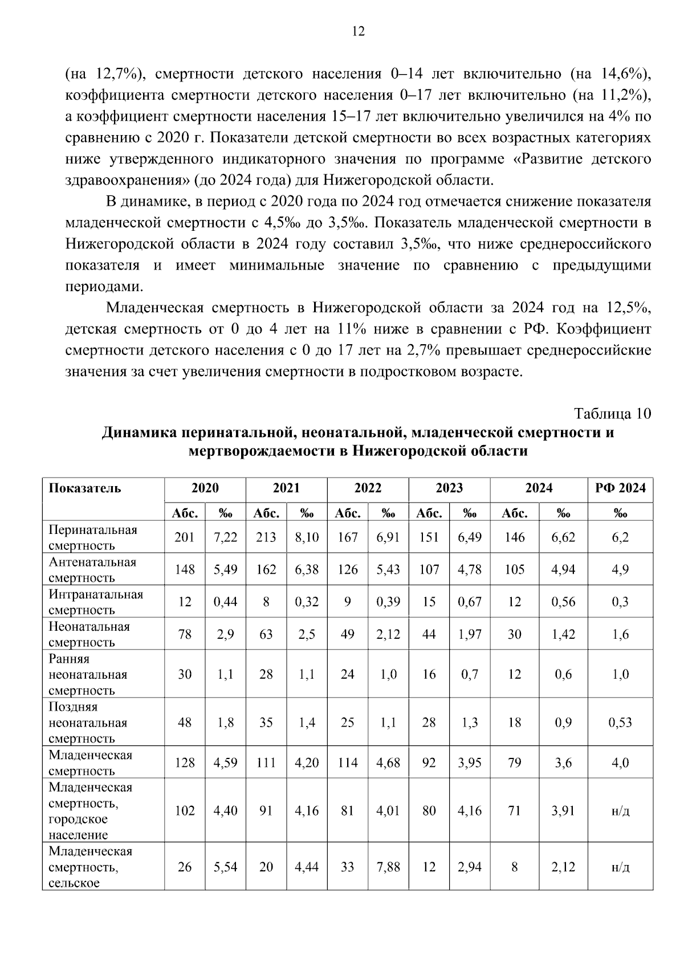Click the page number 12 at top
click(358, 31)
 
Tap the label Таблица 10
click(612, 413)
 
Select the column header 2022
click(368, 488)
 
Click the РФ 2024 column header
click(620, 488)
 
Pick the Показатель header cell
click(85, 488)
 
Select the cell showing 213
click(266, 537)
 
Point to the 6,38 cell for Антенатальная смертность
click(307, 570)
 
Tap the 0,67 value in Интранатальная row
click(470, 602)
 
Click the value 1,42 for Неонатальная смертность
click(563, 634)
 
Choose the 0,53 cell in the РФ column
click(620, 723)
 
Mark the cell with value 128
click(185, 762)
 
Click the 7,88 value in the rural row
click(388, 867)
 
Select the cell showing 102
click(185, 810)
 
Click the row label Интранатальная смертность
click(96, 602)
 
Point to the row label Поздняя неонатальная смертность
click(88, 723)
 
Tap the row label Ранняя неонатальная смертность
click(88, 674)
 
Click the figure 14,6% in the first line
click(622, 74)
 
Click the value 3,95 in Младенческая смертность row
click(470, 762)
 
